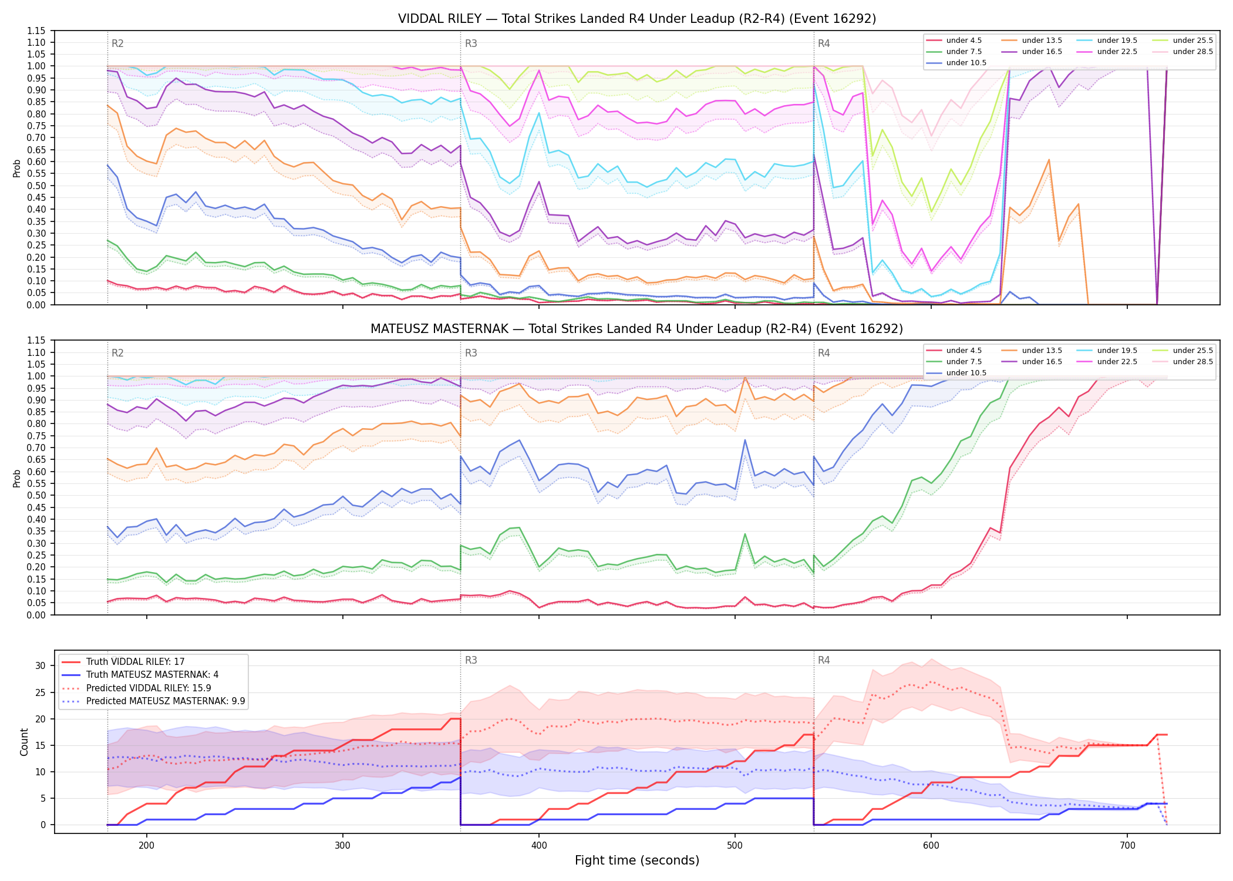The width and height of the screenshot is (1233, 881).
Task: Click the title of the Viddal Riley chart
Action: (x=637, y=19)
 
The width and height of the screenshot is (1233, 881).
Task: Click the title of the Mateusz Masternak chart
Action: (x=637, y=329)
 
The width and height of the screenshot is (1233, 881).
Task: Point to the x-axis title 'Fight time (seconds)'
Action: (x=637, y=860)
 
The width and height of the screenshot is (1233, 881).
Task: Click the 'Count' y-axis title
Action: (x=24, y=742)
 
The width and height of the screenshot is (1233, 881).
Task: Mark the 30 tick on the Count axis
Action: (x=41, y=666)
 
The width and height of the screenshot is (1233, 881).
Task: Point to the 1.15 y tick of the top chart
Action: (x=36, y=31)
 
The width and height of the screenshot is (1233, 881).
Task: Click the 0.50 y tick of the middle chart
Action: (x=36, y=496)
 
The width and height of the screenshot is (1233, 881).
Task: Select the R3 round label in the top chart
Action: (x=471, y=43)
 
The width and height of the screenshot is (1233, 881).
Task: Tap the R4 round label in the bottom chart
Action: (x=824, y=660)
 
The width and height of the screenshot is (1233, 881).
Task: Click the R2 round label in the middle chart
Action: (x=117, y=353)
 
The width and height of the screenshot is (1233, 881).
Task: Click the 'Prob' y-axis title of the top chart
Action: (x=17, y=168)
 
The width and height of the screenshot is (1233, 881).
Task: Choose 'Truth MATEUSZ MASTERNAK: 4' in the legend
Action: (x=152, y=675)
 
